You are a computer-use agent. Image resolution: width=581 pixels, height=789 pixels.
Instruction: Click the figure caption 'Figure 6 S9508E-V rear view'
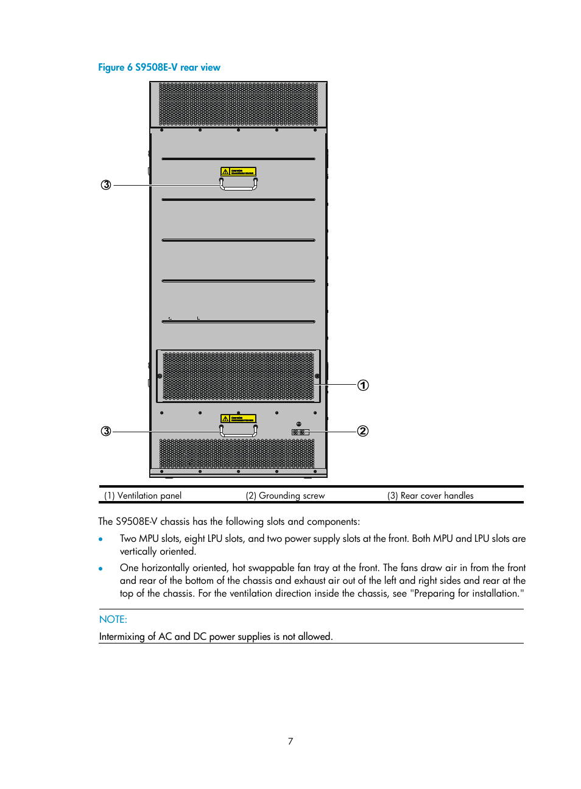(159, 68)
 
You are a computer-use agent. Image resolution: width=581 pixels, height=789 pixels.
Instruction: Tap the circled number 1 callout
(363, 385)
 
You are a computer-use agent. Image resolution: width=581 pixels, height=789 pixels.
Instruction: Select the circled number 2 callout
(363, 431)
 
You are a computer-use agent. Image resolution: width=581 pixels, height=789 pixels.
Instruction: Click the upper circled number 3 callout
(106, 184)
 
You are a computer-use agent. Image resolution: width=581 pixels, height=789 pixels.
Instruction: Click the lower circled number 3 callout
(106, 431)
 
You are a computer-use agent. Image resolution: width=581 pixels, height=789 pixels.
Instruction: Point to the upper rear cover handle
(238, 185)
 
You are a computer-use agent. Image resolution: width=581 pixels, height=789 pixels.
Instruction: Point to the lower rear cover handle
(238, 432)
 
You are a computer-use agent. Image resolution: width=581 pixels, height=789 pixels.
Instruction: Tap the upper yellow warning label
(238, 172)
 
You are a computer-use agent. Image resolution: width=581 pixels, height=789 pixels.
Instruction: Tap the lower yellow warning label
(238, 418)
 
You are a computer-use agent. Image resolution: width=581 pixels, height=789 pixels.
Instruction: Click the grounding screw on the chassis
(298, 432)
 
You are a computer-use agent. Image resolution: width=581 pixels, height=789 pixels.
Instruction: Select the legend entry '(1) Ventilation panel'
(143, 496)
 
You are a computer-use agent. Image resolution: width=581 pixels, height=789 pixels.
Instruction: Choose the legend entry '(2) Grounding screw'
(285, 496)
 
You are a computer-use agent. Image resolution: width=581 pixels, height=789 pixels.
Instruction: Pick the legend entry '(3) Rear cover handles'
(430, 496)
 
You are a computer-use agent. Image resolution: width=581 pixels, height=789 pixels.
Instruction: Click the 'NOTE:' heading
(113, 619)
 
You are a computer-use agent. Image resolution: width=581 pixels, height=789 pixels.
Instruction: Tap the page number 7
(290, 741)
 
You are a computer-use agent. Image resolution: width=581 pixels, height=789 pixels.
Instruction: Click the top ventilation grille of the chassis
(238, 104)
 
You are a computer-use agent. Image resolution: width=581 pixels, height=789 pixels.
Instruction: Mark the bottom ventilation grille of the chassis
(237, 454)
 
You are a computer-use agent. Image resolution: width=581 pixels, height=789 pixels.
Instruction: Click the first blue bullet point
(101, 539)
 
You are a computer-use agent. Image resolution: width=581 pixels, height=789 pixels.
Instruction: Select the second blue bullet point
(101, 568)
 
